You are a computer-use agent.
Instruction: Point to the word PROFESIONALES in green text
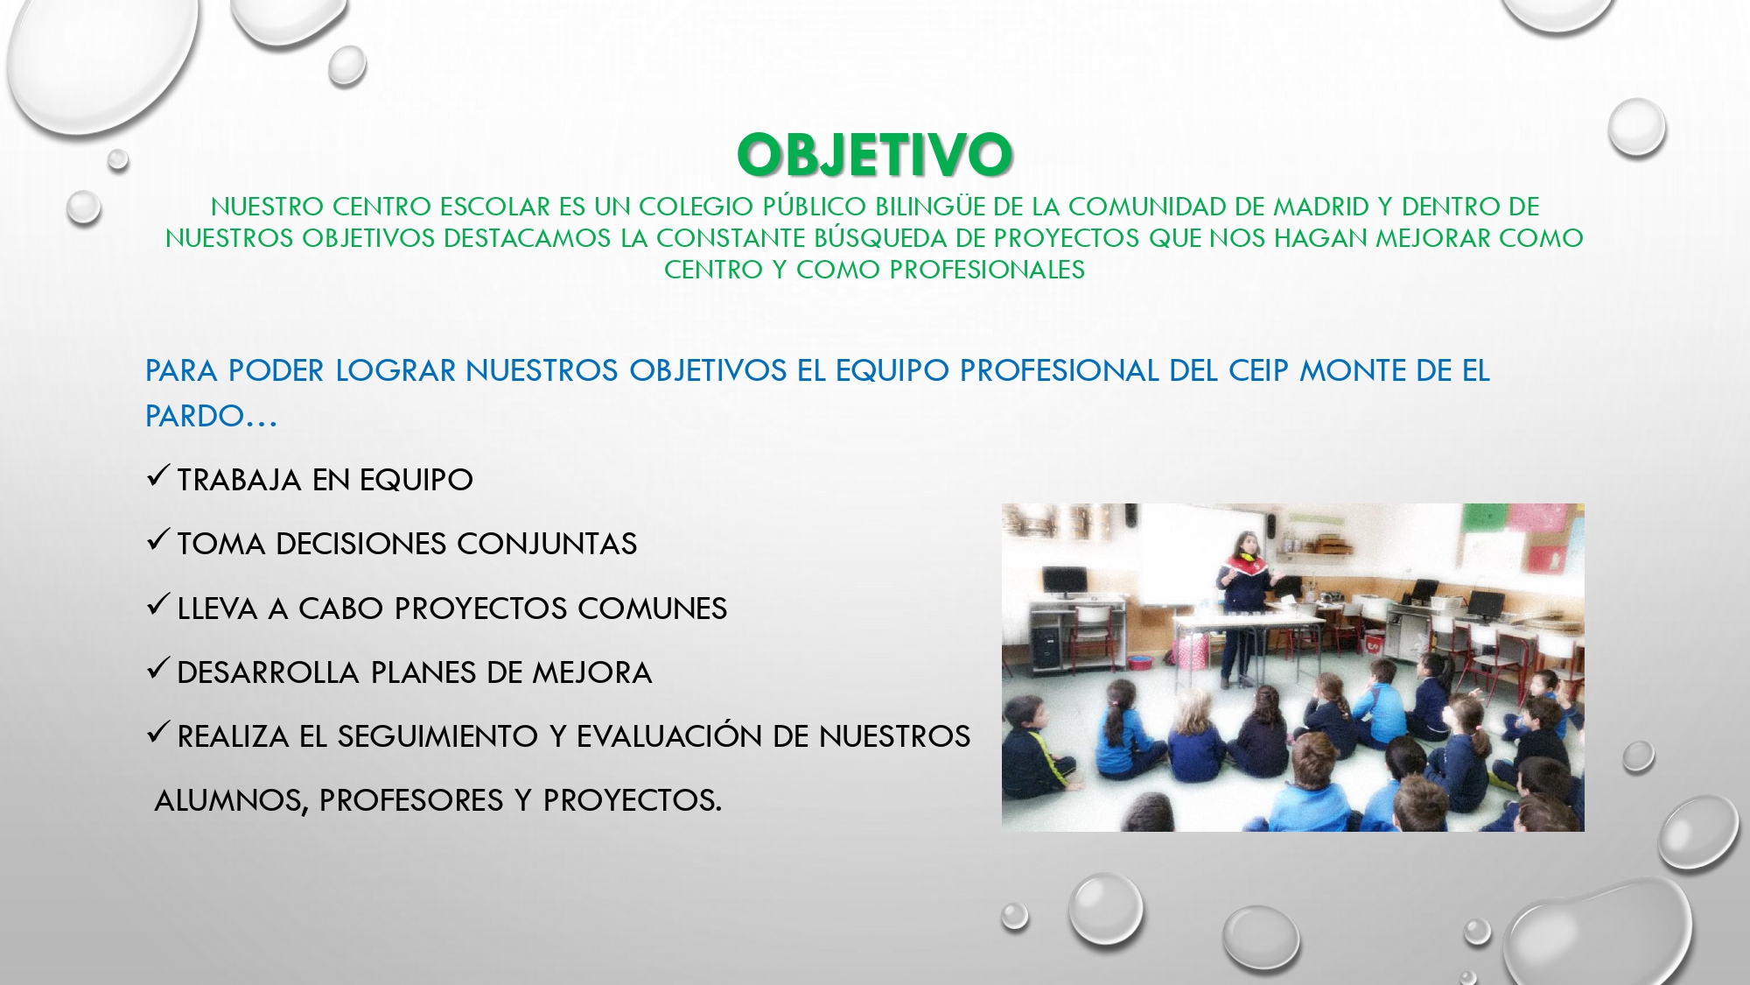click(987, 270)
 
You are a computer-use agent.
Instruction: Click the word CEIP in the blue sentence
click(1259, 371)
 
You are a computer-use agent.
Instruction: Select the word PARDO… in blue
click(211, 417)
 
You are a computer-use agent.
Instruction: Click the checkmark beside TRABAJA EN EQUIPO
click(157, 476)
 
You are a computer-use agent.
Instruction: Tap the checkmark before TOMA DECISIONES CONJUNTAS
click(157, 540)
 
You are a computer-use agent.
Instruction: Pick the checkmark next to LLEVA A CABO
click(157, 604)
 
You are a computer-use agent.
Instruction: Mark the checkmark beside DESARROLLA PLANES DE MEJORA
click(157, 669)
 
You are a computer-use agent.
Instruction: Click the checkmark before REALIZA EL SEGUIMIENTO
click(157, 733)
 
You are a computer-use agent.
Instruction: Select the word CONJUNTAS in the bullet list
click(547, 544)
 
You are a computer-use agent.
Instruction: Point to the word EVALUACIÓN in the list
click(669, 735)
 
